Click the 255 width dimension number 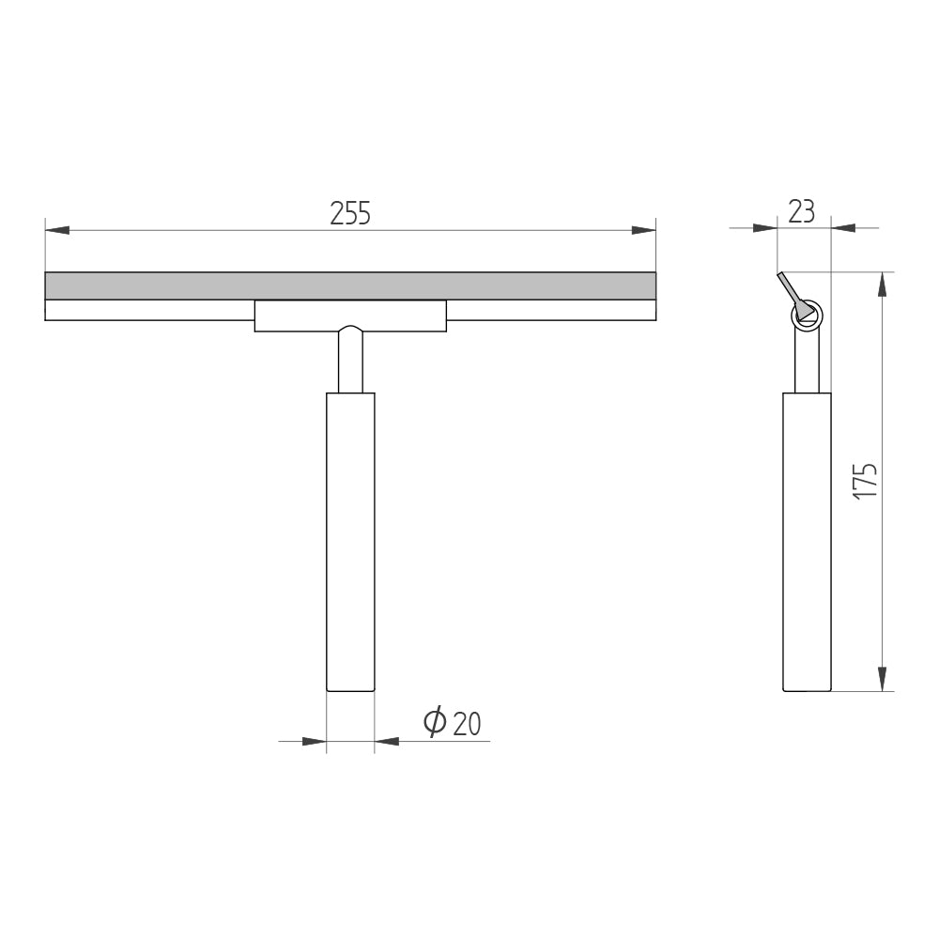coord(350,213)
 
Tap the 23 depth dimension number coord(802,211)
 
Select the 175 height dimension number coord(866,480)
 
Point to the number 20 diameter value coord(467,723)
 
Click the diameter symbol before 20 coord(435,721)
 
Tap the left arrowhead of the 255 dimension coord(57,230)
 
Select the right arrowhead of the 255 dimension coord(644,230)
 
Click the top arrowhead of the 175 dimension coord(882,284)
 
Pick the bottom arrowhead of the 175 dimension coord(882,679)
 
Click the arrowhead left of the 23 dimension coord(764,227)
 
